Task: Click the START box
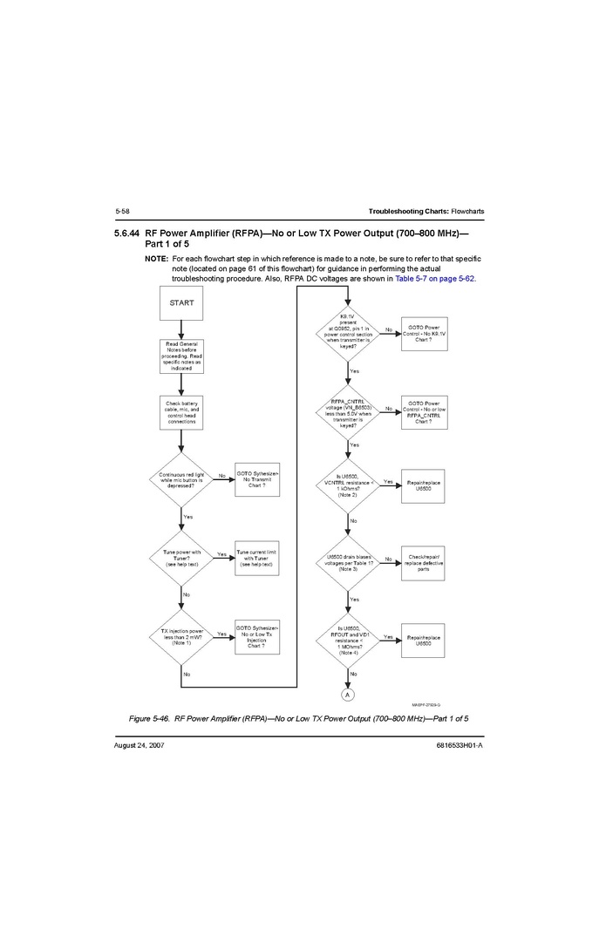click(x=182, y=303)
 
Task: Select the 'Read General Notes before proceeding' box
click(x=182, y=356)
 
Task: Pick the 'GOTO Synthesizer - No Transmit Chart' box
click(x=257, y=478)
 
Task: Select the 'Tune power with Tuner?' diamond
click(x=182, y=557)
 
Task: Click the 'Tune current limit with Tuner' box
click(x=257, y=557)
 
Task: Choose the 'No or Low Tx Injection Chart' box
click(x=257, y=637)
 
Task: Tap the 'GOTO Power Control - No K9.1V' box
click(x=424, y=334)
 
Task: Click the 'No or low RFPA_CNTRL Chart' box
click(x=424, y=411)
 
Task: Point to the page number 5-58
click(x=122, y=212)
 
